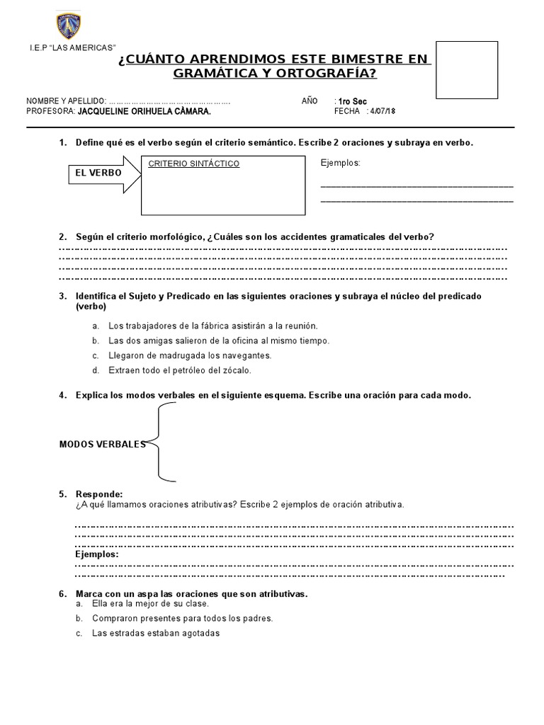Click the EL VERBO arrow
click(x=99, y=173)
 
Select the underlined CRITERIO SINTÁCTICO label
click(x=194, y=164)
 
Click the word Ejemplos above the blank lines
click(x=341, y=163)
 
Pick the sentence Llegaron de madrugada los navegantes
click(x=189, y=355)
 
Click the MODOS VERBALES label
click(x=102, y=444)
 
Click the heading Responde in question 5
click(x=99, y=493)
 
